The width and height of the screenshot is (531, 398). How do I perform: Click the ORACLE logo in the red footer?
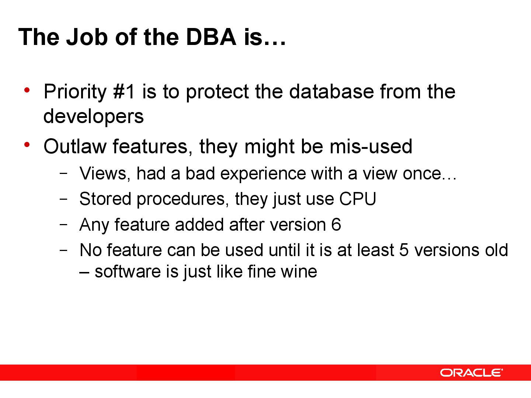(x=471, y=373)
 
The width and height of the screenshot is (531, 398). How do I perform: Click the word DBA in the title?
(x=211, y=37)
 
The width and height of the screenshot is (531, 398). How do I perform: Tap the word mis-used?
(x=371, y=146)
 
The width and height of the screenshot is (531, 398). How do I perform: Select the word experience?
(x=263, y=174)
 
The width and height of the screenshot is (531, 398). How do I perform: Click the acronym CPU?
(x=357, y=199)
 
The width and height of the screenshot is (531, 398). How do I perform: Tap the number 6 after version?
(x=336, y=225)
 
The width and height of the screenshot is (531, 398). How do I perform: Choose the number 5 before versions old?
(x=404, y=250)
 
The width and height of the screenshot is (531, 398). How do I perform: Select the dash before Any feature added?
(x=63, y=224)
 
